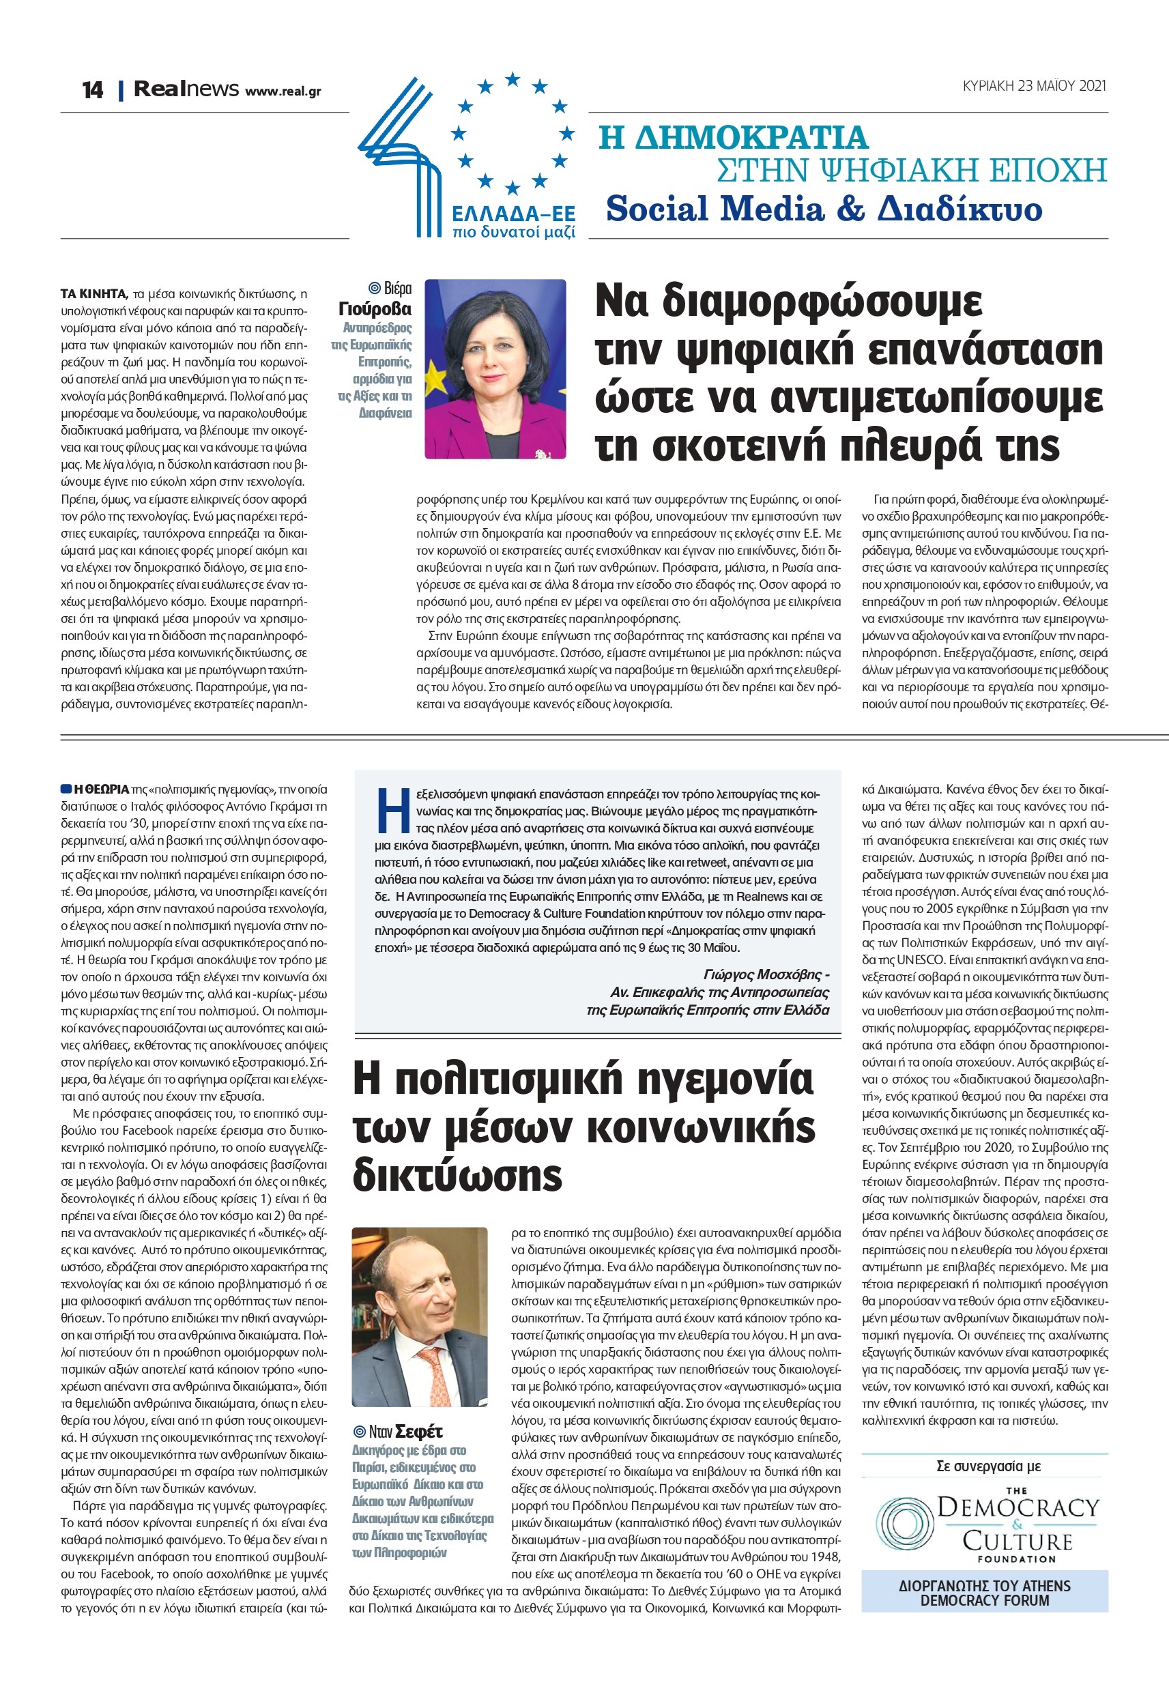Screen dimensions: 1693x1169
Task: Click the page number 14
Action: [92, 90]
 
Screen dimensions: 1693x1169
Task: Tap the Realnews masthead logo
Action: [186, 89]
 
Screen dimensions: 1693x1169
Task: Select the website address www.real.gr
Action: [283, 91]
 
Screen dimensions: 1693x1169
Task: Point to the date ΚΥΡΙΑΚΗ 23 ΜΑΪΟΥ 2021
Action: [1033, 86]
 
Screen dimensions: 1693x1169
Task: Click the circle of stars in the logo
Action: [512, 132]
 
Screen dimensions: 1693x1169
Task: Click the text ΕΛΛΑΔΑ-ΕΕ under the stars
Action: [513, 214]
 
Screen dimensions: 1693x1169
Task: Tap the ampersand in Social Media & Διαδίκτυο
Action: [850, 209]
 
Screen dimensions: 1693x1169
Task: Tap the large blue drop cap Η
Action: [392, 810]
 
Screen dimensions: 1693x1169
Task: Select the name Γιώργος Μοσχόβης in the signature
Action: [762, 974]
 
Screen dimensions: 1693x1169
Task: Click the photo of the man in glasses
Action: [420, 1316]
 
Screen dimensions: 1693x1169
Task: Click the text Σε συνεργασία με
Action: [988, 1466]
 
